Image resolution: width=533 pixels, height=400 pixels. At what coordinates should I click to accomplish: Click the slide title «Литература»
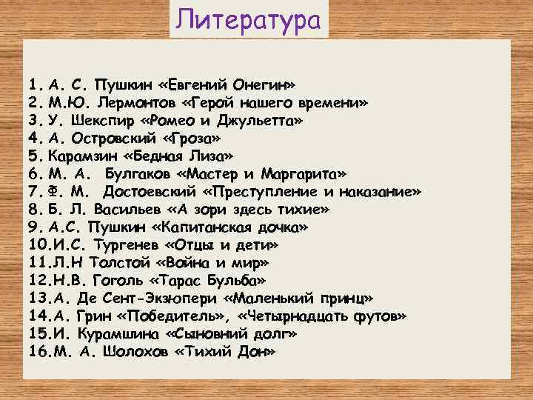(x=249, y=19)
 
